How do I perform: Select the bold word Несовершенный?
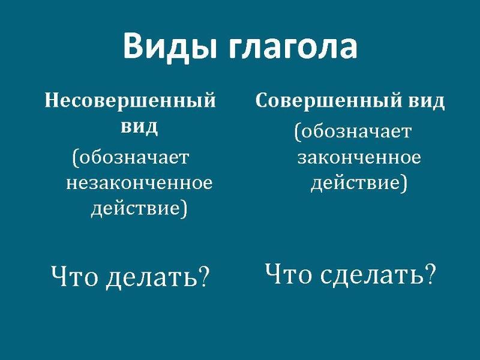(x=130, y=100)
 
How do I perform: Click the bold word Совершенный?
(x=328, y=100)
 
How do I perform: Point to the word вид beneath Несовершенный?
(x=139, y=127)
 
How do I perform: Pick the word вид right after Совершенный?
(x=426, y=101)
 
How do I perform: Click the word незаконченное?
(x=139, y=184)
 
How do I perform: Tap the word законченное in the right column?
(x=359, y=158)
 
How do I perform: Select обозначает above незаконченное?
(x=133, y=157)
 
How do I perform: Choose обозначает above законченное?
(x=355, y=131)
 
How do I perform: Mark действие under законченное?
(x=356, y=184)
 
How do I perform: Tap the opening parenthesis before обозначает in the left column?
(x=74, y=158)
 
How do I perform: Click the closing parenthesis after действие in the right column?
(x=404, y=183)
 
